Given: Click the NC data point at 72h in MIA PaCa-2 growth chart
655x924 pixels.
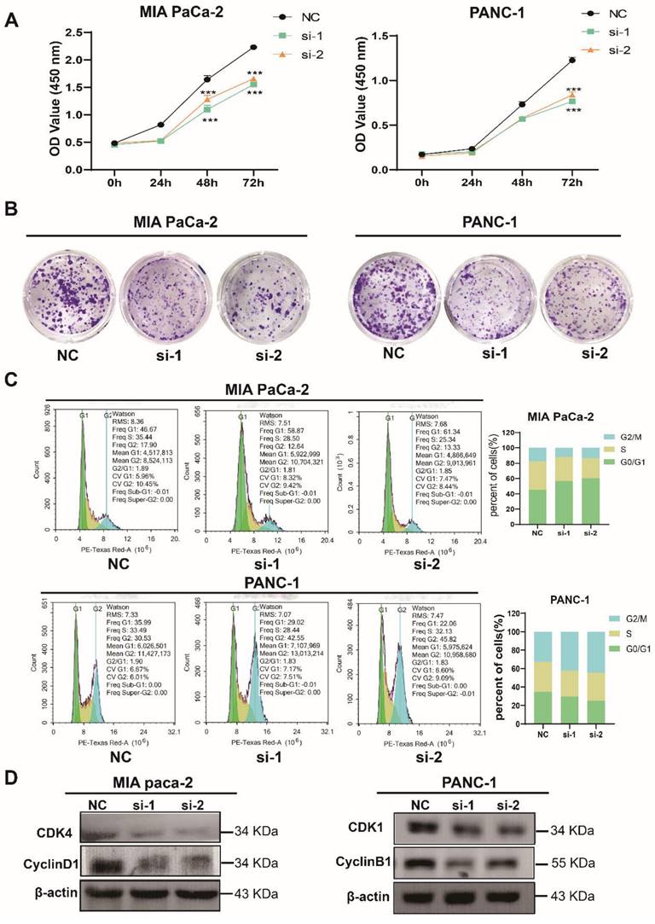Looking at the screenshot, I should click(x=253, y=47).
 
